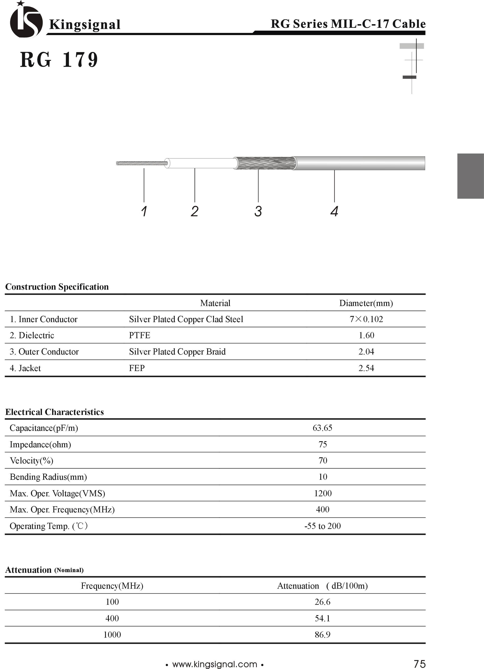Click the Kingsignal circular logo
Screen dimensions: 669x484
[x=26, y=21]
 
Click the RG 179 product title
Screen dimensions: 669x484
[x=59, y=60]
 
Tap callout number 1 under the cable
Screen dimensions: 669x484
[x=144, y=211]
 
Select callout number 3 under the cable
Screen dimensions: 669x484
[x=258, y=211]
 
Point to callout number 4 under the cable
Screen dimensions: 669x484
[x=334, y=211]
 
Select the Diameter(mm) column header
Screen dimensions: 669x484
[x=366, y=303]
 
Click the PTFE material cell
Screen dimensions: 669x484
[x=139, y=335]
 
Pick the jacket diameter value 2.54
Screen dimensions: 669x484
[x=366, y=368]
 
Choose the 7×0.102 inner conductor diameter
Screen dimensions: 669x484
[x=366, y=319]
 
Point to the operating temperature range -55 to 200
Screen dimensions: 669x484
[x=322, y=526]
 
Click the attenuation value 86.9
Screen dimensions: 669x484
[x=322, y=634]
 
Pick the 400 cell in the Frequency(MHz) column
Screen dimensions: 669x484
[x=112, y=618]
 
